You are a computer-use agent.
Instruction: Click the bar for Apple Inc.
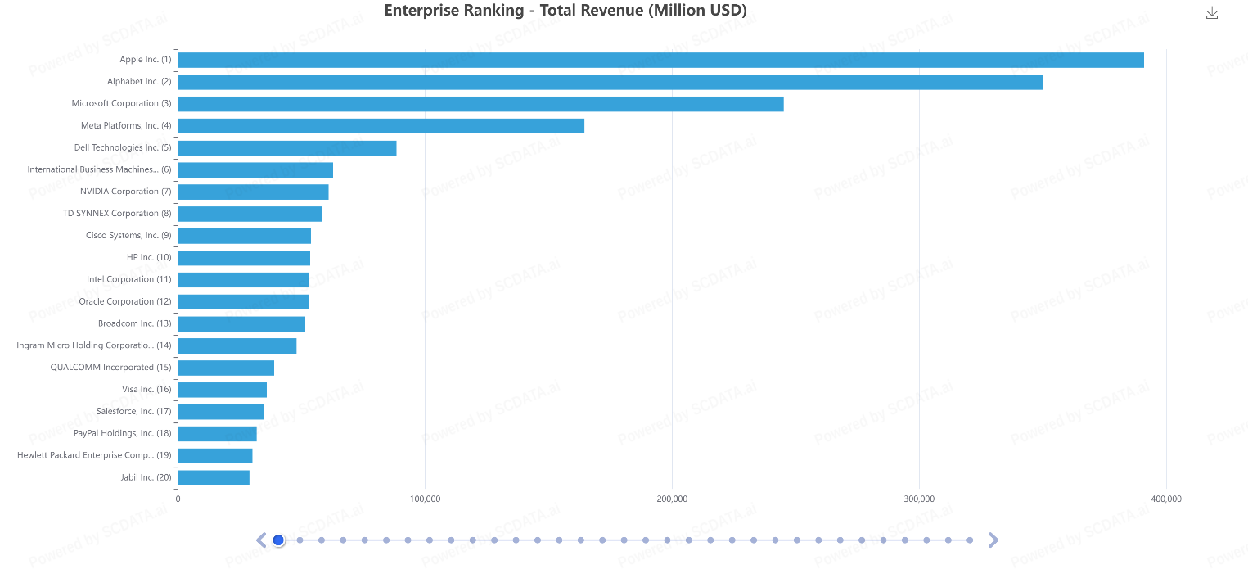[x=660, y=60]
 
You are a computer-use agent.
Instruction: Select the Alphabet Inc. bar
[x=610, y=82]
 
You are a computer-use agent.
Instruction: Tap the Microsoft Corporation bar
[x=480, y=104]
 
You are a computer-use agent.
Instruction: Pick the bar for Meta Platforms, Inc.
[x=381, y=126]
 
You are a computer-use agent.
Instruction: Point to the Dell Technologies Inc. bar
[x=286, y=148]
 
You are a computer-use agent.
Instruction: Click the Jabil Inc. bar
[x=214, y=477]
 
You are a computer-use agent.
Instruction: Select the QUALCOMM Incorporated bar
[x=226, y=368]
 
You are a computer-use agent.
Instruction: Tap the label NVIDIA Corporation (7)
[x=125, y=192]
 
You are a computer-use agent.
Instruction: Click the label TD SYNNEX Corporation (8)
[x=117, y=214]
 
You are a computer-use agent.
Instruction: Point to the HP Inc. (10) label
[x=149, y=257]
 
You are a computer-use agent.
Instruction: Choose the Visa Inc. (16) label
[x=146, y=389]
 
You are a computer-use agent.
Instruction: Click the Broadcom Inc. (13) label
[x=135, y=323]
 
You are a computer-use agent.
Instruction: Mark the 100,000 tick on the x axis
[x=425, y=499]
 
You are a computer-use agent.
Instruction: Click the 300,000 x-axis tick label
[x=919, y=499]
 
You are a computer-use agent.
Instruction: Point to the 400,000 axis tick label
[x=1166, y=499]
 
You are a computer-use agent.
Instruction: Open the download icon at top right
[x=1212, y=13]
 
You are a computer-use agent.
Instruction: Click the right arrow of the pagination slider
[x=993, y=540]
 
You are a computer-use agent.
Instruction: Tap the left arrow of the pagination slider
[x=261, y=540]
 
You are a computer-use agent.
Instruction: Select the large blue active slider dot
[x=278, y=540]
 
